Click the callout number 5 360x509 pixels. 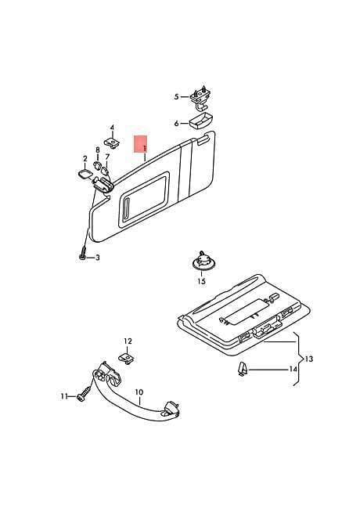tap(176, 97)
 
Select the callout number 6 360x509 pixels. tap(176, 124)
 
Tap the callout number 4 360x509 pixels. tap(112, 128)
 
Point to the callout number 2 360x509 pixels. tap(85, 159)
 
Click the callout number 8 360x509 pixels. tap(98, 150)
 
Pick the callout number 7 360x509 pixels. tap(107, 157)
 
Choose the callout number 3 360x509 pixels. tap(97, 258)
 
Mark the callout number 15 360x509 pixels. tap(201, 281)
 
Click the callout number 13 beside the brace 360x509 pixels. tap(309, 359)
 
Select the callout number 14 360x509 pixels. tap(293, 369)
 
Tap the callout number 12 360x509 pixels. tap(128, 341)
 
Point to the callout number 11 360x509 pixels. tap(64, 396)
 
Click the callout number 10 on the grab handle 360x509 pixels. tap(139, 392)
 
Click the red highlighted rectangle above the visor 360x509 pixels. tap(141, 144)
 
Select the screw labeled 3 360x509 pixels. tap(82, 254)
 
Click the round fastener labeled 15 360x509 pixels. tap(203, 260)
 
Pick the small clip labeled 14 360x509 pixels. tap(242, 369)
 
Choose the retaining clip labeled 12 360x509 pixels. tap(127, 359)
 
